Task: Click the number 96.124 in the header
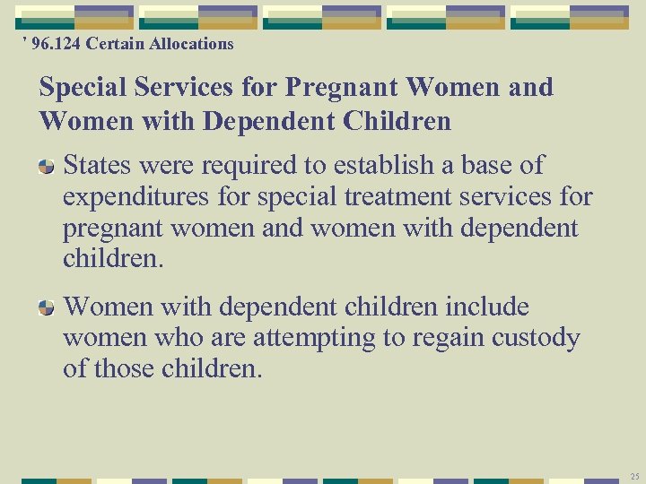56,43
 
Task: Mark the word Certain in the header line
114,43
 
